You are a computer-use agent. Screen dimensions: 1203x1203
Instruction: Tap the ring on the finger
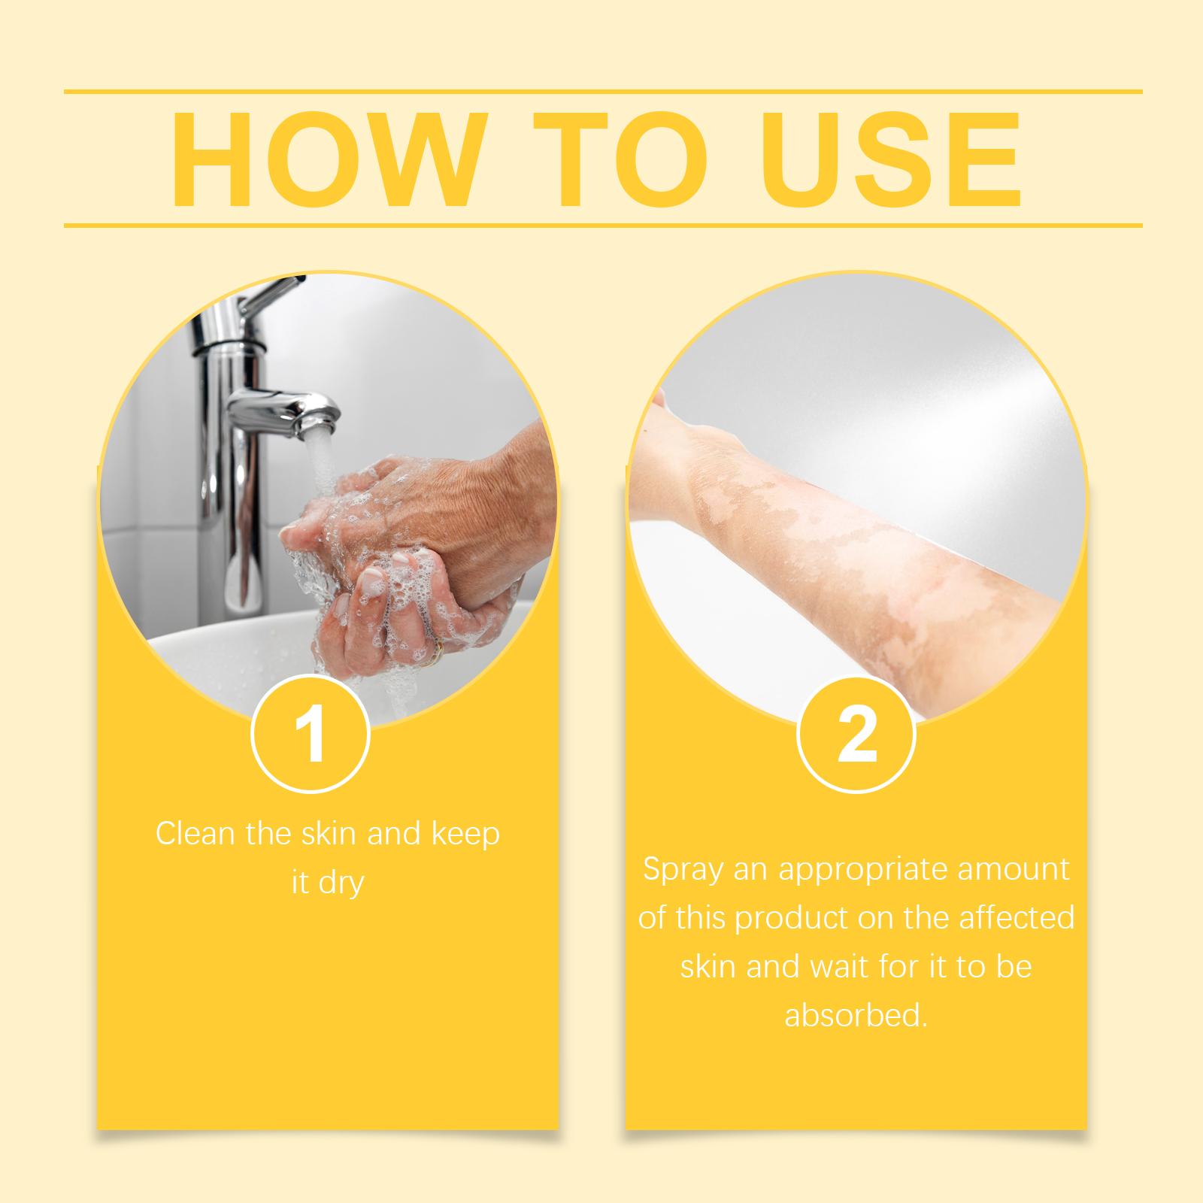tap(435, 653)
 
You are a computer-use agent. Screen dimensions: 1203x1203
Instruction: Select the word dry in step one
tap(342, 883)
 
